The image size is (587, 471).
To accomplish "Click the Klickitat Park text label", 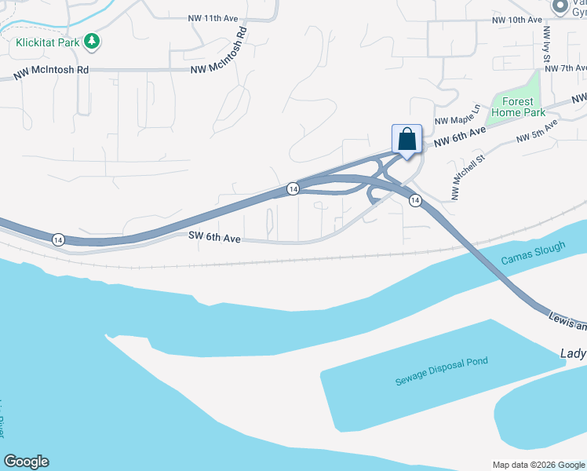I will click(x=47, y=42).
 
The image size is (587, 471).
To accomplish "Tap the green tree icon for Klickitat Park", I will click(x=93, y=41).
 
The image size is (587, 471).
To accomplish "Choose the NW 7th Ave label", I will click(x=566, y=69).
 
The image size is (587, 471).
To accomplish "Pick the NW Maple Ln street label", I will click(x=457, y=115).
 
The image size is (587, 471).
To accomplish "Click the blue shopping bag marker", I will click(x=407, y=140).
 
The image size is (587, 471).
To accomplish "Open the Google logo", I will click(x=26, y=462).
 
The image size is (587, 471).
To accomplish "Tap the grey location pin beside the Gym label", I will click(x=560, y=7).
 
